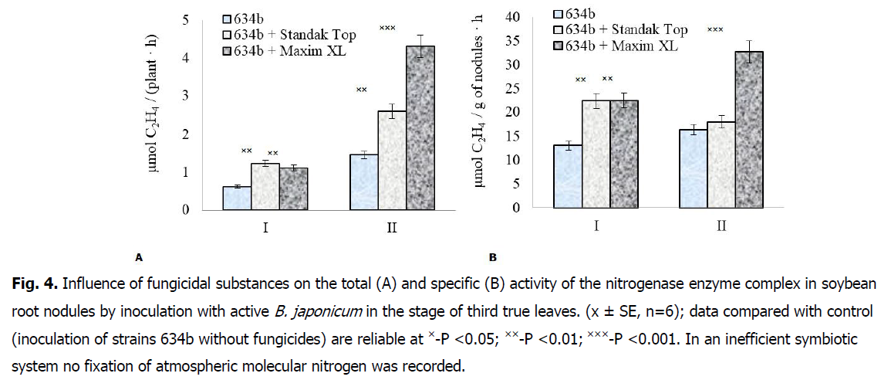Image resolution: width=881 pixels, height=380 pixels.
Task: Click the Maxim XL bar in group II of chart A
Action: tap(420, 127)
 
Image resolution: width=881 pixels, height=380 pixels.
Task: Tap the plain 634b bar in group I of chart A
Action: tap(237, 198)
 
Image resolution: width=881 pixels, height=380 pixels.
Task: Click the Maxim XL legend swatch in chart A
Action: tap(228, 51)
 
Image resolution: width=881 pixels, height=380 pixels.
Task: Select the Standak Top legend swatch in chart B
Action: tap(559, 30)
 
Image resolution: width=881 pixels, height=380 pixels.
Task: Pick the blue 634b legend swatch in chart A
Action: tap(228, 18)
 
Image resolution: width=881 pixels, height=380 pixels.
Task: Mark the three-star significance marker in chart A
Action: tap(387, 29)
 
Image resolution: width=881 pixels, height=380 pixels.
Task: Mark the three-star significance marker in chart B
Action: tap(715, 29)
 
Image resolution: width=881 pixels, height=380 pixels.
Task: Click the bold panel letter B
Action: tap(492, 257)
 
